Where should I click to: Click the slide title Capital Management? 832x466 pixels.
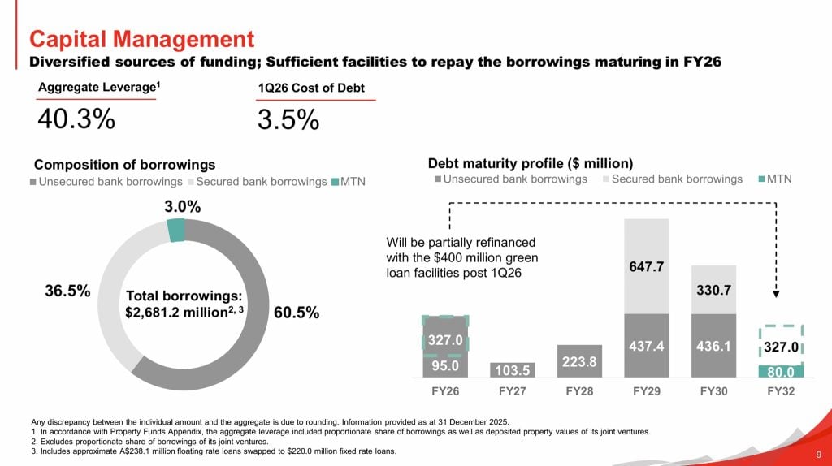point(141,38)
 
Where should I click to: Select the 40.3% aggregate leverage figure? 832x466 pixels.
point(76,119)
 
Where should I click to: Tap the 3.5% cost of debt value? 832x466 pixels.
point(288,119)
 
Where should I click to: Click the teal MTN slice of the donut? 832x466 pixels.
point(175,231)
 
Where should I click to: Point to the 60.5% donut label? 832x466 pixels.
point(297,313)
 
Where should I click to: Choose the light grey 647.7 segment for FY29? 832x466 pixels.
point(647,266)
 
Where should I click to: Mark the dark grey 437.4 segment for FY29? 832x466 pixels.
point(647,346)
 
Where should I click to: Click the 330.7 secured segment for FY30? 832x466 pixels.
point(714,289)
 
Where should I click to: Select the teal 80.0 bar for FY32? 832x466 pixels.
point(781,371)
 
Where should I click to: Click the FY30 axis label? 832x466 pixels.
point(714,390)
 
